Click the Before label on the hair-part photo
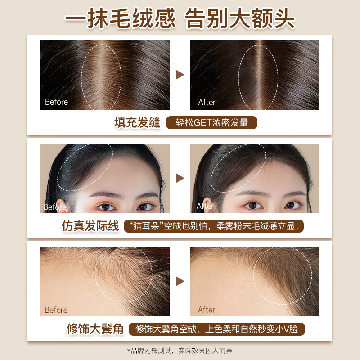(56, 102)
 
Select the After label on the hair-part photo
(207, 103)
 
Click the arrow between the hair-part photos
(180, 75)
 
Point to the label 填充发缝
(137, 123)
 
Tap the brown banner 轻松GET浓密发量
(211, 123)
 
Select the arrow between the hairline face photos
(180, 178)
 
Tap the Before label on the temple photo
(56, 310)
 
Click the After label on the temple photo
(207, 310)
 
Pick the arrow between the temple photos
(180, 281)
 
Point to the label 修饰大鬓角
(95, 329)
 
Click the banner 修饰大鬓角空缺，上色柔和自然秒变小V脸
(217, 329)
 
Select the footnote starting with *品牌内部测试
(180, 350)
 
